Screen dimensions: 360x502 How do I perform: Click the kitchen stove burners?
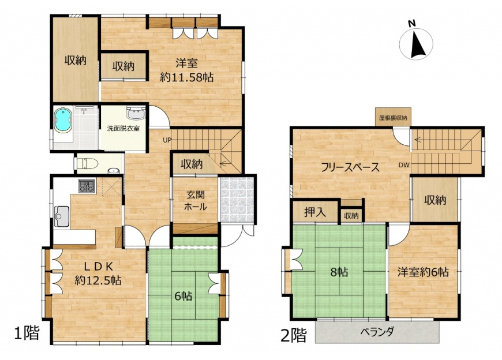[x=88, y=186]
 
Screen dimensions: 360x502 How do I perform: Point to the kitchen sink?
[x=62, y=217]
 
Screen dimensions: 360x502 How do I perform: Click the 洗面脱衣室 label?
[x=123, y=128]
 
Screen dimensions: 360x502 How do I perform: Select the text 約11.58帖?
[x=186, y=77]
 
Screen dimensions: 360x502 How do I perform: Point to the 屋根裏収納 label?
[x=392, y=118]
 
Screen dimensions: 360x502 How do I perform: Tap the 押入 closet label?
[x=315, y=212]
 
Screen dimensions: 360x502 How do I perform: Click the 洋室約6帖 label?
[x=423, y=272]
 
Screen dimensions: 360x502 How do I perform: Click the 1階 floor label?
[x=27, y=333]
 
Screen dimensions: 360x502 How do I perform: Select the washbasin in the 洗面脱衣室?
[x=134, y=112]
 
